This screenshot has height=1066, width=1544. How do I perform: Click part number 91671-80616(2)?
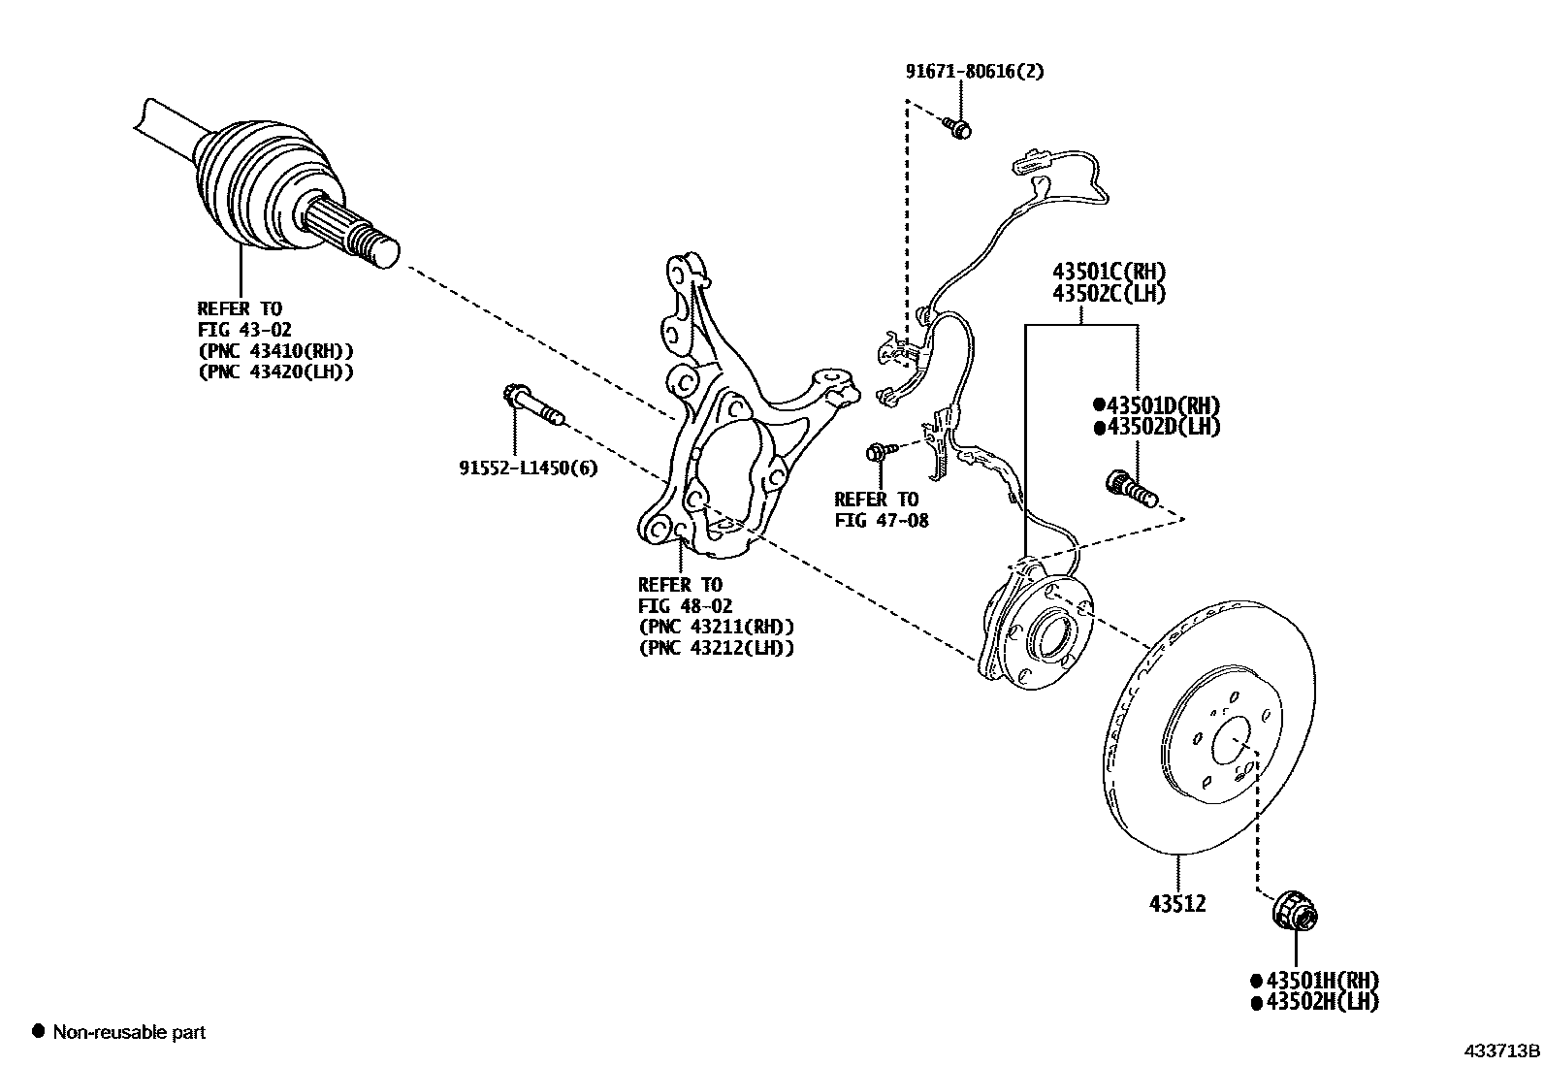pos(975,71)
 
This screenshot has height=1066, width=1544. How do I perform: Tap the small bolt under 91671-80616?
pos(958,127)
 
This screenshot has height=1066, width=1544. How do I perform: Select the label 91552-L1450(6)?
pos(528,468)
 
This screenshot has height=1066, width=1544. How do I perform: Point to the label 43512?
pos(1177,904)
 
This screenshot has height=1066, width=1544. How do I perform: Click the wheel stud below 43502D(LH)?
pos(1131,488)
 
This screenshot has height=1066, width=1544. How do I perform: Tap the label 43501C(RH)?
pos(1109,272)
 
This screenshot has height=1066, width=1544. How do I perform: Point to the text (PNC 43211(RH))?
pos(716,627)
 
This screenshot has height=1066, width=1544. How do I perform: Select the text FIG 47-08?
pos(881,520)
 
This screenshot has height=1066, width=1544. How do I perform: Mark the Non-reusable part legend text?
pos(129,1032)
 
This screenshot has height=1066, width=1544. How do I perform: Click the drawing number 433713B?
pos(1501,1050)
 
